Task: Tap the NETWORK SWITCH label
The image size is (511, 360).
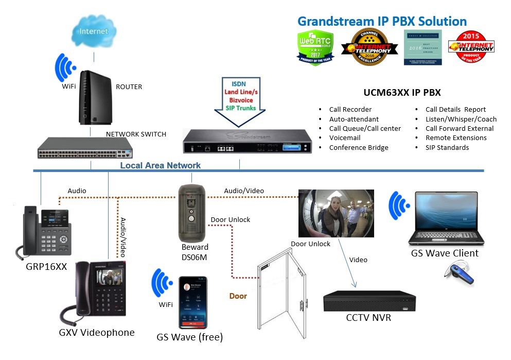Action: [136, 134]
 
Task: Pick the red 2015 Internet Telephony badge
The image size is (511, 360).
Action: [470, 47]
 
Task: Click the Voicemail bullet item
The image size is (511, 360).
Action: [345, 138]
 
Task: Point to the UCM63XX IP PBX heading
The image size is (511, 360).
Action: [402, 93]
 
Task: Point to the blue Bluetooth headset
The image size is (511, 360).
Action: [461, 276]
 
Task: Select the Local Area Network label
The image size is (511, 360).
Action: [160, 165]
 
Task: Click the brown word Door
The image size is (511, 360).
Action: [238, 296]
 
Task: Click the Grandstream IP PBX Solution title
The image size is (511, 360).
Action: [382, 22]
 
